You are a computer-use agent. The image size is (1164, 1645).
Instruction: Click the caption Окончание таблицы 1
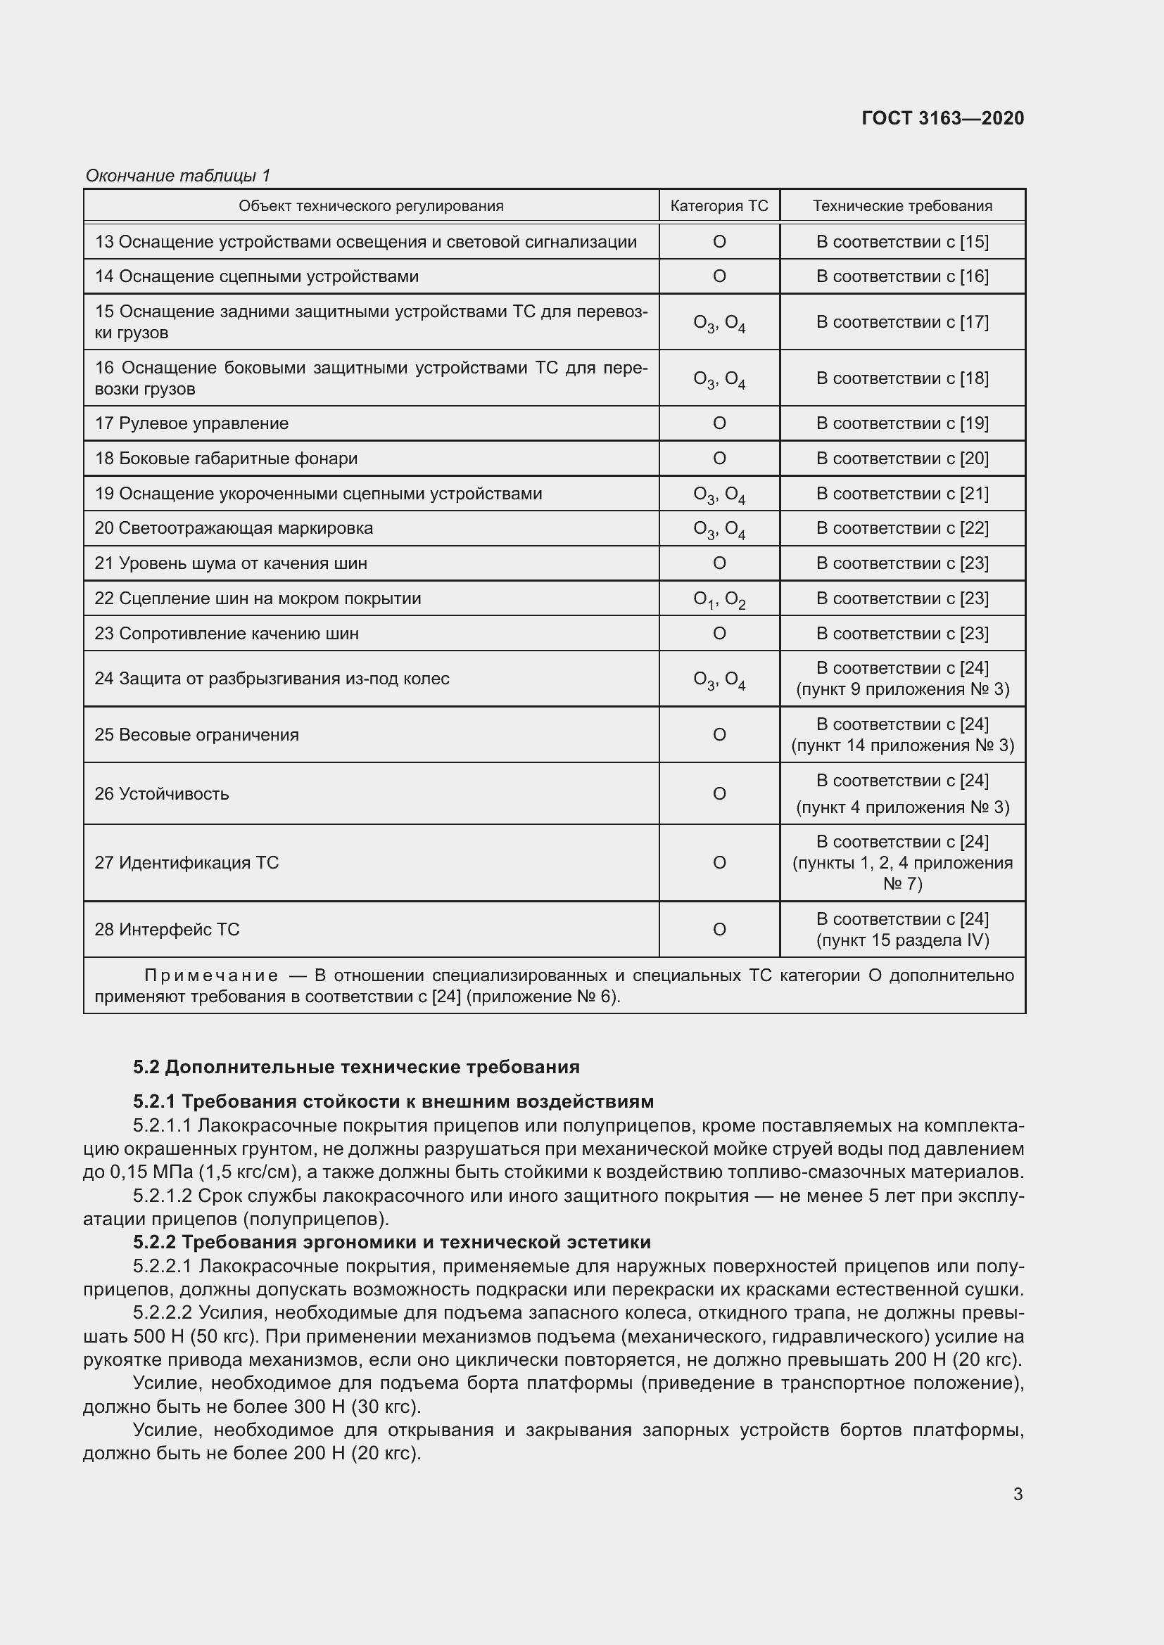[178, 176]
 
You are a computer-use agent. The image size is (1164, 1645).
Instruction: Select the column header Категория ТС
[719, 206]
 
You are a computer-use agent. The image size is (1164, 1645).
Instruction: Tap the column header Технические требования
[902, 206]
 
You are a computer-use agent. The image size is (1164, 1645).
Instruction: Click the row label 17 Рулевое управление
[191, 423]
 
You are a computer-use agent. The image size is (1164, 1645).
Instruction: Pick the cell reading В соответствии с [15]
[902, 242]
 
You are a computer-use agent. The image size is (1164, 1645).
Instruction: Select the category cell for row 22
[719, 600]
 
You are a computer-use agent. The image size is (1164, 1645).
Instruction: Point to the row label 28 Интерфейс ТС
[166, 930]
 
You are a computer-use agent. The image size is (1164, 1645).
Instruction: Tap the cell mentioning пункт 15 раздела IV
[902, 940]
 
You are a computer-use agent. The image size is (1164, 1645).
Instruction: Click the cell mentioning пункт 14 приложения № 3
[902, 745]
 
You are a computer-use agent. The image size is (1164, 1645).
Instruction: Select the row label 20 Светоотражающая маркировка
[234, 529]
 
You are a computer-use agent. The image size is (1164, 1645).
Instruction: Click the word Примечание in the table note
[211, 976]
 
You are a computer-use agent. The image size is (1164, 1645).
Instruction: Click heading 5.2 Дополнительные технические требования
[355, 1068]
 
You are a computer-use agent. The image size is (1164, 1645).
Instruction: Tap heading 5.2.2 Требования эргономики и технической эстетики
[391, 1241]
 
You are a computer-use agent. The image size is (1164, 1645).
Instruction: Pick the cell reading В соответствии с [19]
[902, 423]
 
